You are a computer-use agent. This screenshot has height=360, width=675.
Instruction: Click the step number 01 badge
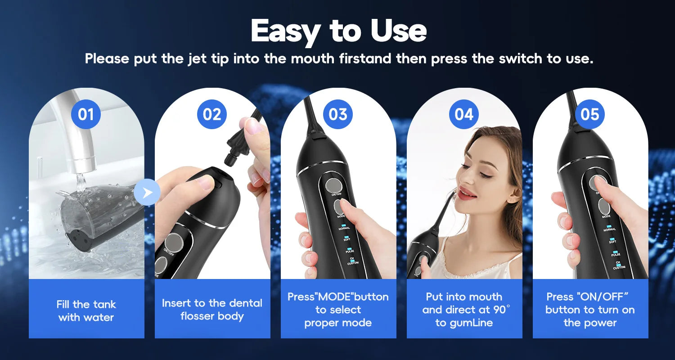86,114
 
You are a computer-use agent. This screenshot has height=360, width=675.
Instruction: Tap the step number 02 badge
212,114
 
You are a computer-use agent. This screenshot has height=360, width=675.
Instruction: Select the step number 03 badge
338,114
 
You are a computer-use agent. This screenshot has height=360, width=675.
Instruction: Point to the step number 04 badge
464,114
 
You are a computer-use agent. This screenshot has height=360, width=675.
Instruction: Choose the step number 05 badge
590,114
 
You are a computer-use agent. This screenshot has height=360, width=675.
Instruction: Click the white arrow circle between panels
147,193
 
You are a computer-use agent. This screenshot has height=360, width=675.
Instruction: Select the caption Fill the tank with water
86,310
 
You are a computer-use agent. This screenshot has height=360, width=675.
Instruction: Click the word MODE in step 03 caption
337,297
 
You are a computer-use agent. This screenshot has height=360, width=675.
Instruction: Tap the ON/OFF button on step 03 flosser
333,185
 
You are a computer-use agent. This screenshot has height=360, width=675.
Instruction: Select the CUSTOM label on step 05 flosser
619,266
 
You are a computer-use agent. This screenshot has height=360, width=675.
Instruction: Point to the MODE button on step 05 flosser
603,207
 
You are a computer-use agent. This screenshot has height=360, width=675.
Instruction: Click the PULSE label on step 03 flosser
350,251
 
